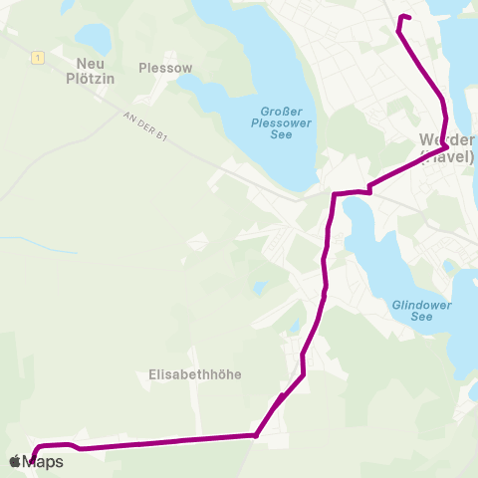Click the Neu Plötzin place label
(x=82, y=69)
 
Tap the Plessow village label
(x=165, y=69)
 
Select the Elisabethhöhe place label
(x=195, y=374)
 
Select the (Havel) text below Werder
(x=447, y=155)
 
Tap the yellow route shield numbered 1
(x=37, y=58)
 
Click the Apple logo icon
(x=16, y=461)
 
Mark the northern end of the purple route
(x=409, y=17)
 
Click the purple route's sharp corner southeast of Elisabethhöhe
(x=256, y=435)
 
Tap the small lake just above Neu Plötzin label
(x=93, y=38)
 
